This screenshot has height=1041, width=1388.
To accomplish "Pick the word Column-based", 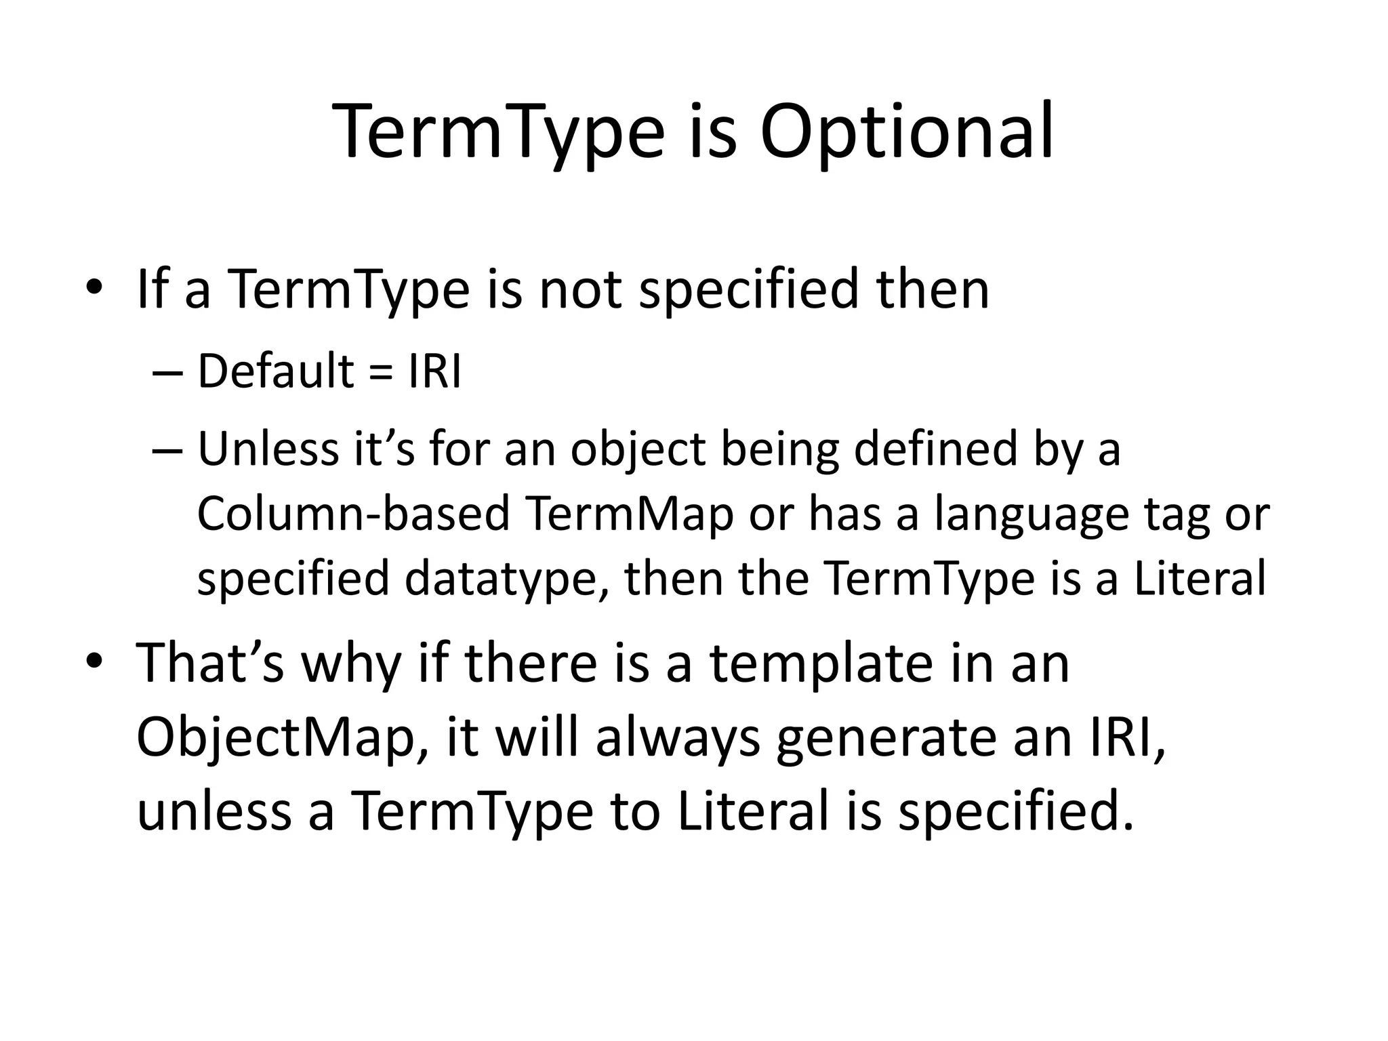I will pyautogui.click(x=352, y=514).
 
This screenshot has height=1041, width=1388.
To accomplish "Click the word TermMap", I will pyautogui.click(x=630, y=514).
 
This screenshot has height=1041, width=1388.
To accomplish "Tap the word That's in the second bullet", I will pyautogui.click(x=210, y=663).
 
